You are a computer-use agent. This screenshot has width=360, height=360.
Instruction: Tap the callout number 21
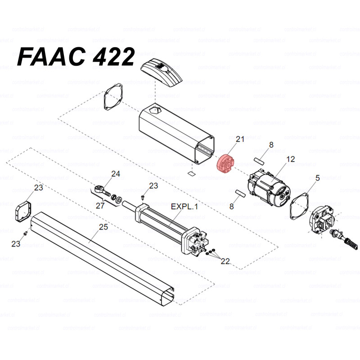[x=240, y=139]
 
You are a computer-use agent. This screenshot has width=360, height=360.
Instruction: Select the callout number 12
[x=290, y=159]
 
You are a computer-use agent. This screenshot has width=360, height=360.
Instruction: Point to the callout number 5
[x=317, y=178]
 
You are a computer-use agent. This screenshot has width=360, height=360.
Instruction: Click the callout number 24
[x=116, y=174]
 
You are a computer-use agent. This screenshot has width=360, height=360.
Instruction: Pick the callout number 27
[x=100, y=206]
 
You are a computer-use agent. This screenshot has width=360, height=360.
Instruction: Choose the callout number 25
[x=103, y=227]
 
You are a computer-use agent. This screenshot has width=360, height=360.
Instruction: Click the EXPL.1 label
[x=184, y=207]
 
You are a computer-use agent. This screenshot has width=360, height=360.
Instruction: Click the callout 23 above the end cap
[x=39, y=187]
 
